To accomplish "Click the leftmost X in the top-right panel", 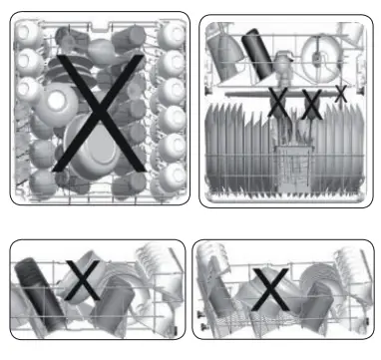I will [x=279, y=101].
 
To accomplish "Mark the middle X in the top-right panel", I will [x=311, y=101].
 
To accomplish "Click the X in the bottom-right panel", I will [x=266, y=288].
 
